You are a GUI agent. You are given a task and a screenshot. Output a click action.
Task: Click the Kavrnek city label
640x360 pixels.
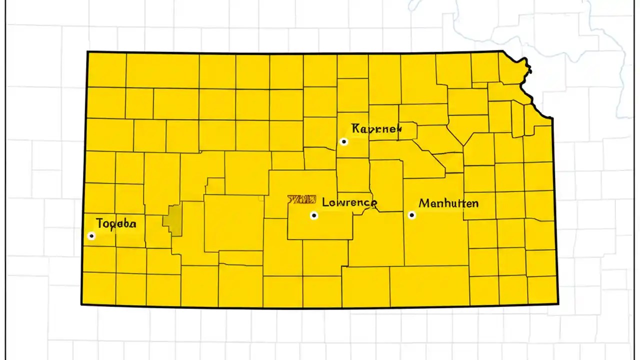(x=376, y=129)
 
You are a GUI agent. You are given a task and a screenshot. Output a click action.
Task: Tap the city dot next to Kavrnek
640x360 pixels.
(x=344, y=141)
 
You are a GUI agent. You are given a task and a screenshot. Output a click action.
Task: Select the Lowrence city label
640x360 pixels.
(x=349, y=202)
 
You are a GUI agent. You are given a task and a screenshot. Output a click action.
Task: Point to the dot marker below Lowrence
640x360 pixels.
(x=314, y=215)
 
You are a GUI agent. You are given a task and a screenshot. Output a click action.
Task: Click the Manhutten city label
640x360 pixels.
(x=448, y=203)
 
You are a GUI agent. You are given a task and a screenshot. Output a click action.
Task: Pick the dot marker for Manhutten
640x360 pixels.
(x=412, y=215)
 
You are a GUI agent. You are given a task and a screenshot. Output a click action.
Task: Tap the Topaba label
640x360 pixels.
(x=116, y=223)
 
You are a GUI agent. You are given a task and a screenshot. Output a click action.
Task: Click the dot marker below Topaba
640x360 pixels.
(x=91, y=235)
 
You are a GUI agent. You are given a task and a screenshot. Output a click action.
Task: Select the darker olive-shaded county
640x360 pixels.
(x=174, y=220)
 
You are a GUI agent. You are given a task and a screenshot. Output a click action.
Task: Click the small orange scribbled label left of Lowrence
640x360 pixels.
(x=301, y=199)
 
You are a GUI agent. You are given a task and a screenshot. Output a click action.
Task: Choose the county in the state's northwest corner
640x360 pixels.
(x=106, y=69)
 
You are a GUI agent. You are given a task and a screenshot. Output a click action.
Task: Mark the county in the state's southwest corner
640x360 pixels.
(x=98, y=288)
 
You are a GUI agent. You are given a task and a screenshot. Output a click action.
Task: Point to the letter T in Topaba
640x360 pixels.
(x=99, y=223)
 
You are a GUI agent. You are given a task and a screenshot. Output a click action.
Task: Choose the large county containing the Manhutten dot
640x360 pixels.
(x=435, y=240)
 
